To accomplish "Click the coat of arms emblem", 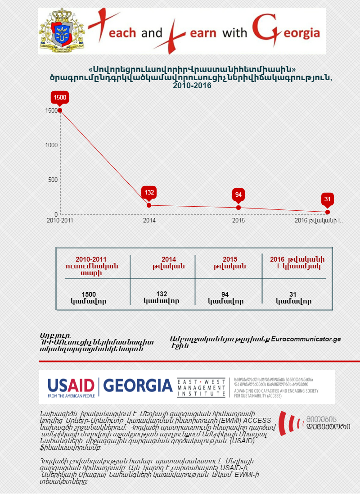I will click(x=63, y=31).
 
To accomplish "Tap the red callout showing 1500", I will click(x=60, y=97).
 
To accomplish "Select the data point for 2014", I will click(x=149, y=205).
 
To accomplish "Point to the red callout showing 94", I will click(x=238, y=195).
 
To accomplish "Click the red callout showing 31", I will click(x=328, y=199).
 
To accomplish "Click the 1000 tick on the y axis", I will click(x=51, y=145).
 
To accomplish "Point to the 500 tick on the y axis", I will click(x=53, y=180).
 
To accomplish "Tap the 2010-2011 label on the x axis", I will click(x=60, y=221).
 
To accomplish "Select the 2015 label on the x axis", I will click(x=238, y=221).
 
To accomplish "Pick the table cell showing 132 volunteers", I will click(x=162, y=297).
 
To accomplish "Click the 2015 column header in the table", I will click(x=229, y=263).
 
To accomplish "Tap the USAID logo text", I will click(x=71, y=386).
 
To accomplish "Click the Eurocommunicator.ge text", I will click(x=306, y=339).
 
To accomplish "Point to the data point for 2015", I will click(x=238, y=208).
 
